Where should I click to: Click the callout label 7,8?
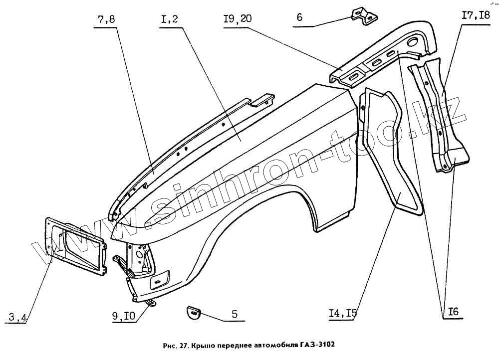click(x=106, y=20)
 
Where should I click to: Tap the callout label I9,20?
click(x=237, y=19)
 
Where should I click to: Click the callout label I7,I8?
click(x=476, y=15)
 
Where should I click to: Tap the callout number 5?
click(x=234, y=315)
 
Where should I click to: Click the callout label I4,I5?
click(x=343, y=313)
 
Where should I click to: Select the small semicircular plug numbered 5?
click(x=193, y=311)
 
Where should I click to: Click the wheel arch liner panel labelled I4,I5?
click(x=390, y=150)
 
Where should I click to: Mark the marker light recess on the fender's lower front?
click(x=160, y=279)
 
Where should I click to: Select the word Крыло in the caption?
click(x=206, y=345)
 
